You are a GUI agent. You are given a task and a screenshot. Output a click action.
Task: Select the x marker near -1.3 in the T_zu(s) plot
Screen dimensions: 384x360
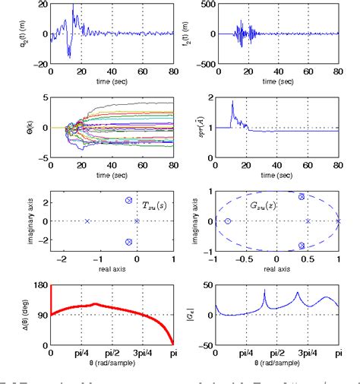coord(87,221)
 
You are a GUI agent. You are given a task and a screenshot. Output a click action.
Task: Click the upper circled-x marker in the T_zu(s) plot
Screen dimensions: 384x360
coord(128,201)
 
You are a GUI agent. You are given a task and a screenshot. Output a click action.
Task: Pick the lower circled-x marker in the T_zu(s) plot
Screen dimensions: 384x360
coord(128,242)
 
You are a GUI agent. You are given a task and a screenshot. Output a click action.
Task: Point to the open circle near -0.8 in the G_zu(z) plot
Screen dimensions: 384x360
coord(228,221)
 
